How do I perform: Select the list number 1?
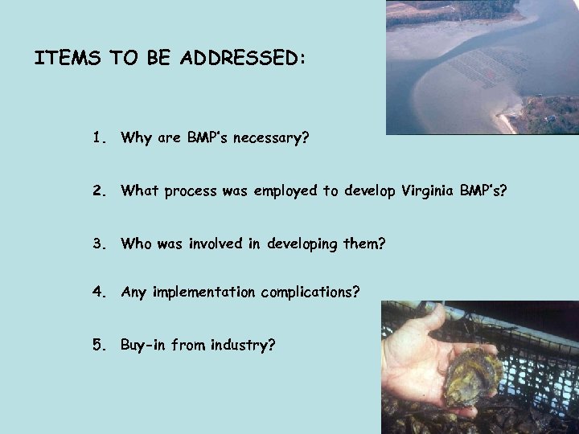click(98, 137)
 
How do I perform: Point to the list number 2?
click(98, 190)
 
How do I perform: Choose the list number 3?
click(98, 242)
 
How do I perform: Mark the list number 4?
click(98, 293)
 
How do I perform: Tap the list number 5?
click(98, 345)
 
